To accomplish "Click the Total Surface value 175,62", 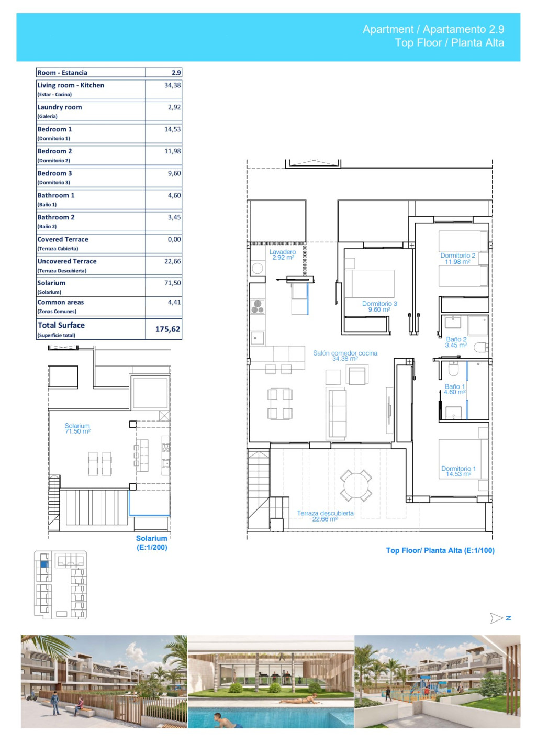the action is (167, 329).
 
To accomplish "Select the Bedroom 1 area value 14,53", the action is (173, 129).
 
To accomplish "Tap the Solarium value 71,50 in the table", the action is (173, 283).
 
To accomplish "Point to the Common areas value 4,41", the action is (174, 302).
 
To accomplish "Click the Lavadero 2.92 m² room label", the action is (283, 254).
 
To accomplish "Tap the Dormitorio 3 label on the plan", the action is (379, 306).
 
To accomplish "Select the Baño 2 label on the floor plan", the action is (456, 342).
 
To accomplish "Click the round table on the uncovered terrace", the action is (356, 485).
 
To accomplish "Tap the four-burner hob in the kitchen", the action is (258, 306).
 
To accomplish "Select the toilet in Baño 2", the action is (481, 347).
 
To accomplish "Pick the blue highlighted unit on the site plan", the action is (44, 564).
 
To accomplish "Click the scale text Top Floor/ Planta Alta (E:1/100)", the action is (440, 550).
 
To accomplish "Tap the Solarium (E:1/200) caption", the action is (152, 543).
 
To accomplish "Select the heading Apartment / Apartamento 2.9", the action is (433, 29).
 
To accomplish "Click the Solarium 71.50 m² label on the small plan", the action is (77, 428).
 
